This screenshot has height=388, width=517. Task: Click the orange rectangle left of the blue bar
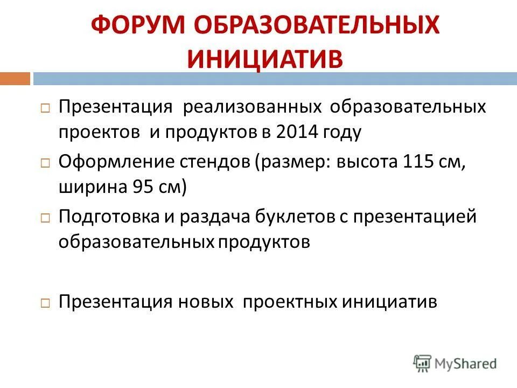pos(15,79)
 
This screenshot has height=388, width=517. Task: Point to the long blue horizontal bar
pos(275,79)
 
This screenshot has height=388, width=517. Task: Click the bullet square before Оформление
pos(45,162)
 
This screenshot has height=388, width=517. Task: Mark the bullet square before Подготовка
pos(45,218)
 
